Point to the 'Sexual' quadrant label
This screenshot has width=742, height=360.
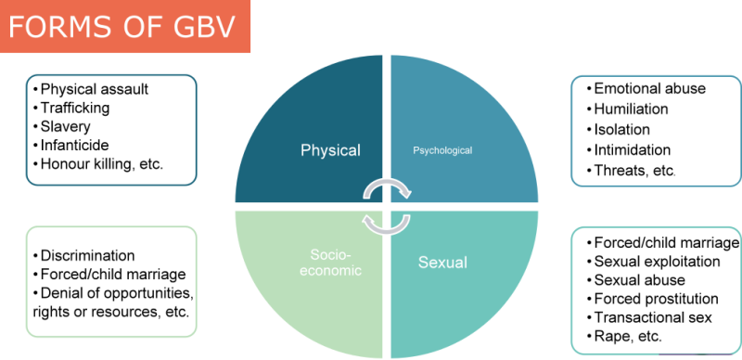442,263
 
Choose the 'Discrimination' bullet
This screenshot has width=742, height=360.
88,255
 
